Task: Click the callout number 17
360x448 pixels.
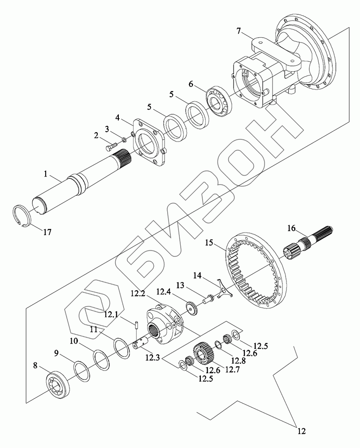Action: [x=47, y=232]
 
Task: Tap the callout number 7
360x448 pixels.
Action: [x=239, y=31]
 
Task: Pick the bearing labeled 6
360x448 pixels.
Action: [x=218, y=103]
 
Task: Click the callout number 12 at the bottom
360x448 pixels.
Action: [x=301, y=432]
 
